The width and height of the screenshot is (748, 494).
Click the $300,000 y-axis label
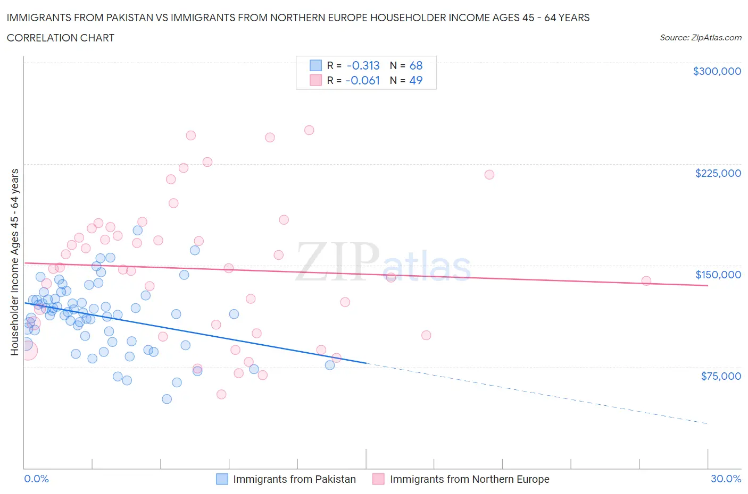(717, 71)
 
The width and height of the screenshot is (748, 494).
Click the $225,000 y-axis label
(718, 173)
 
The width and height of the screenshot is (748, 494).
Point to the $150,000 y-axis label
(718, 275)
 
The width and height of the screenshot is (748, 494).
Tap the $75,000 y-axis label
(720, 376)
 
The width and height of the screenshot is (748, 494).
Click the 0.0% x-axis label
(36, 479)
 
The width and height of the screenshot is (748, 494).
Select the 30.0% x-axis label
(726, 479)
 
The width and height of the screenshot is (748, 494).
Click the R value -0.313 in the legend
(363, 65)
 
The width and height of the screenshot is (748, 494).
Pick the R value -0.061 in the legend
(362, 80)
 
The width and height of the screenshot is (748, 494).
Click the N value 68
(415, 65)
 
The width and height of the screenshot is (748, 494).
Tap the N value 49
(415, 80)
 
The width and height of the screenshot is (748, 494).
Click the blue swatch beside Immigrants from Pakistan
(222, 479)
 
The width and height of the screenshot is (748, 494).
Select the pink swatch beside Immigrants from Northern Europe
(378, 479)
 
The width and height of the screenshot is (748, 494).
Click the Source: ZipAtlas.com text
(700, 38)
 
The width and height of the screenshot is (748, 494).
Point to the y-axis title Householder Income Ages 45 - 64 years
(14, 262)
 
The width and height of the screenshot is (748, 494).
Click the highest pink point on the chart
(309, 130)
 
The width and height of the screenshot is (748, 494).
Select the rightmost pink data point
(646, 280)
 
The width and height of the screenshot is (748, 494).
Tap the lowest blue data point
(167, 399)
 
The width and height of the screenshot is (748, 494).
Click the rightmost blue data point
(330, 365)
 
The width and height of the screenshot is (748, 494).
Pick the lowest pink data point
(221, 394)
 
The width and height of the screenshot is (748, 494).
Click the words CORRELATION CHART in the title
(61, 38)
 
